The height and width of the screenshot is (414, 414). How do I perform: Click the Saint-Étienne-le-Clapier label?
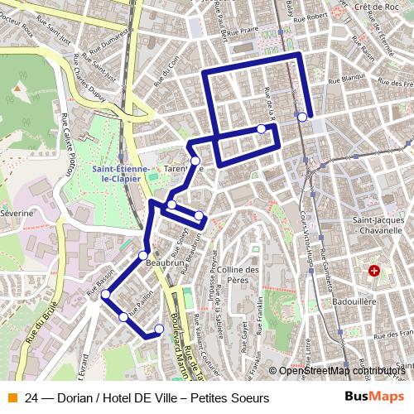click(121, 172)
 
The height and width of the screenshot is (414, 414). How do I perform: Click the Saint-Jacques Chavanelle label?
click(378, 226)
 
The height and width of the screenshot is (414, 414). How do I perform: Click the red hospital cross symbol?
click(373, 271)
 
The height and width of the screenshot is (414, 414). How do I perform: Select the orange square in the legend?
click(11, 397)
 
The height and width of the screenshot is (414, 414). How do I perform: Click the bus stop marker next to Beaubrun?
click(143, 255)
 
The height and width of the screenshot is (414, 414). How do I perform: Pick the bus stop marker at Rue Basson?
click(105, 295)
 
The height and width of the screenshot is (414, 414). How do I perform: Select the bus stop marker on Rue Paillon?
click(124, 316)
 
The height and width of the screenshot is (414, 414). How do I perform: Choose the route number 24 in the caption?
click(31, 397)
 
